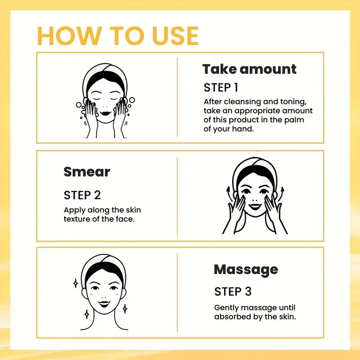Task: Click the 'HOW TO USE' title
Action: coord(118,36)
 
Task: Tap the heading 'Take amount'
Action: coord(249,69)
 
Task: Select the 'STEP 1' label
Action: coord(221,87)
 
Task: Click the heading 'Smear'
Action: coord(87,171)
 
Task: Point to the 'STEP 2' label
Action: coord(82,195)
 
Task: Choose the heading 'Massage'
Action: coord(246,270)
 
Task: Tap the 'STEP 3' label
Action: coord(233,291)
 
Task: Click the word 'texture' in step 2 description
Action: coord(77,219)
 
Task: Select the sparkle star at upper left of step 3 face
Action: coord(76,283)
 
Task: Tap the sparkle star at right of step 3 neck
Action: coord(125,309)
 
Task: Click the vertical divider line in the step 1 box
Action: coord(178,98)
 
